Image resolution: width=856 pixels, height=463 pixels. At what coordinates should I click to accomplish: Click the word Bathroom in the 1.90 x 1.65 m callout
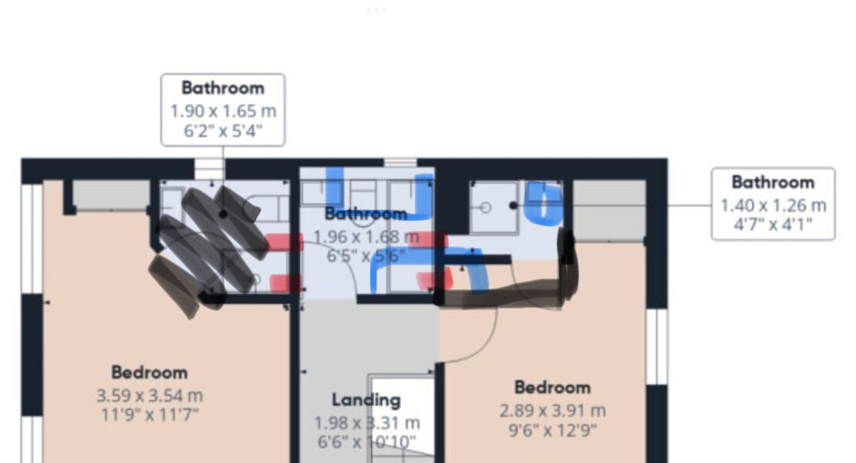click(222, 88)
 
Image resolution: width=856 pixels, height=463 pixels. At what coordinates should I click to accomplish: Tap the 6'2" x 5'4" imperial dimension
click(222, 131)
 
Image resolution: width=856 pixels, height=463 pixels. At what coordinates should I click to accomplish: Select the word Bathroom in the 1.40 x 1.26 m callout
click(773, 182)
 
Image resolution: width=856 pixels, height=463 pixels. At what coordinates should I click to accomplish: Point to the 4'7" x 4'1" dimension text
click(773, 227)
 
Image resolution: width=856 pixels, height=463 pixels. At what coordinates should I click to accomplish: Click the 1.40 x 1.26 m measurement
click(773, 205)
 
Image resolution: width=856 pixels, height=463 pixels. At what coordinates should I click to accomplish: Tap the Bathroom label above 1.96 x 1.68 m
click(366, 214)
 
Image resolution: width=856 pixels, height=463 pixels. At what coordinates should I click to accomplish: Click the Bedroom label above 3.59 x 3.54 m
click(149, 373)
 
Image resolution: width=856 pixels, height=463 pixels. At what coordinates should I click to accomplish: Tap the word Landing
click(366, 400)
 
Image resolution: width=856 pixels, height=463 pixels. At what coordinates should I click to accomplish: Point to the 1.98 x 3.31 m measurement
click(366, 423)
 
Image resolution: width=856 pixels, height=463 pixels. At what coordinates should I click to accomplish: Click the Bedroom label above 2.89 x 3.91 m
click(552, 387)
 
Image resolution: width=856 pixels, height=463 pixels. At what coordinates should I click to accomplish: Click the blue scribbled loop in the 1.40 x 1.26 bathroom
click(543, 201)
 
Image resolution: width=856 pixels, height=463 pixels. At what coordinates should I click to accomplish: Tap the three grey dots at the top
click(376, 10)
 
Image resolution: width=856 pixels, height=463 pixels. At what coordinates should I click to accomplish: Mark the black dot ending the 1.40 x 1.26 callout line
click(513, 206)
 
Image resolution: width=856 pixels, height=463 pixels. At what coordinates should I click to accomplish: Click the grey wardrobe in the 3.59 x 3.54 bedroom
click(110, 195)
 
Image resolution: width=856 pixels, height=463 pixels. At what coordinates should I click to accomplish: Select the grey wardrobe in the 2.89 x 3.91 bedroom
click(609, 210)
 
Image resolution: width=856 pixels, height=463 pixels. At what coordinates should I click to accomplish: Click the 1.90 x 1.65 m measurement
click(222, 111)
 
